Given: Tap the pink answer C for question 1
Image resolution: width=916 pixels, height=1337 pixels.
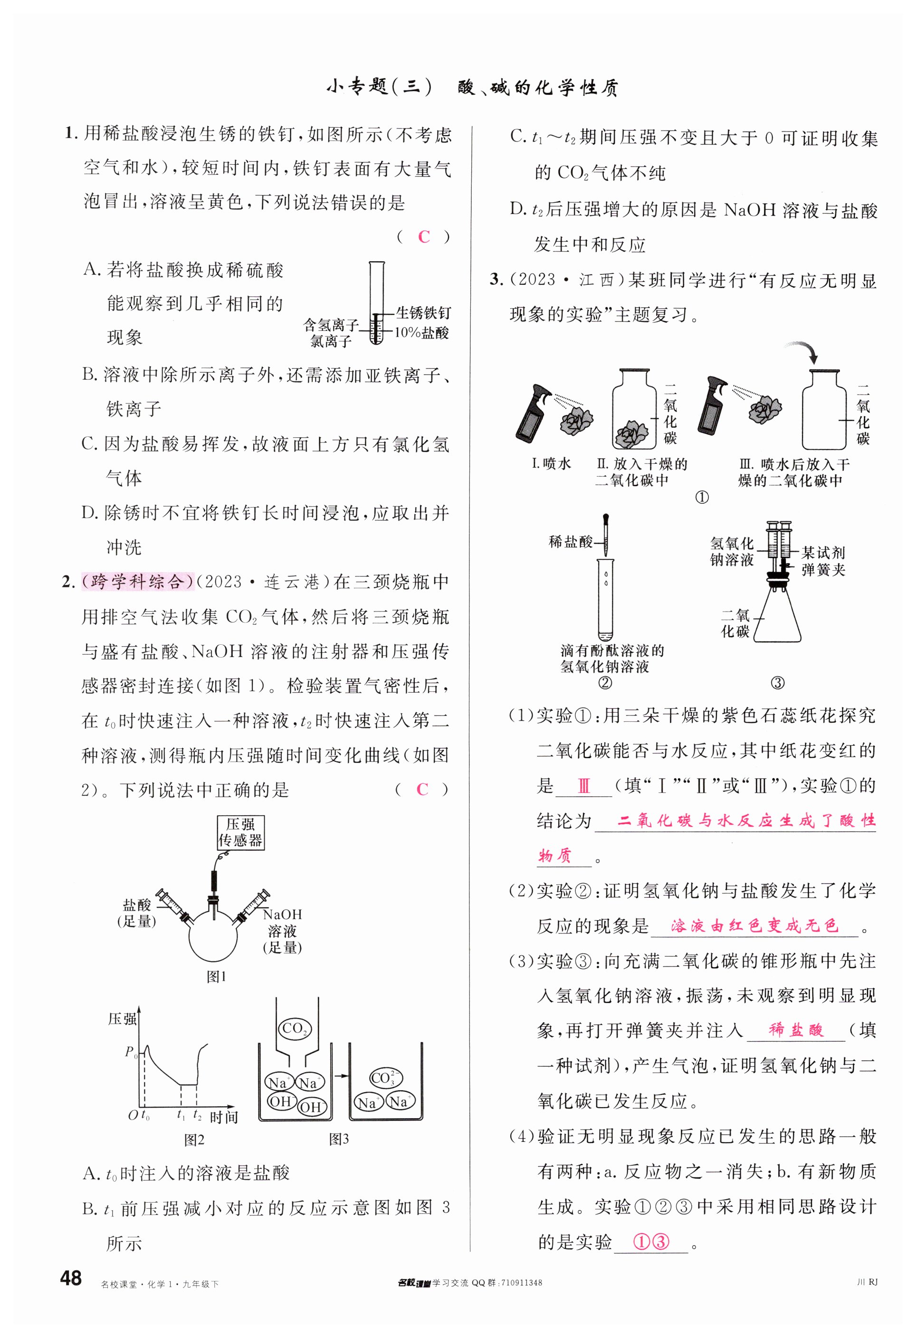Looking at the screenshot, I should pos(424,236).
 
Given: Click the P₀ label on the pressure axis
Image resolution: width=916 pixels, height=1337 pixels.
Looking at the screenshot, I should pos(131,1052).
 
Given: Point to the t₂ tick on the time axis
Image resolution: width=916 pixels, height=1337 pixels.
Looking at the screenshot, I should pos(197,1114).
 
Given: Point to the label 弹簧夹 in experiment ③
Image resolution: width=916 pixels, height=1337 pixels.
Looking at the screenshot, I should pos(823,570).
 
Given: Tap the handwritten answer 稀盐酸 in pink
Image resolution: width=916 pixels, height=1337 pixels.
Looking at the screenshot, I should pos(796,1030).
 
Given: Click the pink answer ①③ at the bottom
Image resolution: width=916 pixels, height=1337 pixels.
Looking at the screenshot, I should pos(651,1241).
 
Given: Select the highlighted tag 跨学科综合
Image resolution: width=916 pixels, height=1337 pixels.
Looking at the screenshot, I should pos(137,582).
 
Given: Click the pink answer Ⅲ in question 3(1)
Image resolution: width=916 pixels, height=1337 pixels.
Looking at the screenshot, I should pos(583,786).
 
